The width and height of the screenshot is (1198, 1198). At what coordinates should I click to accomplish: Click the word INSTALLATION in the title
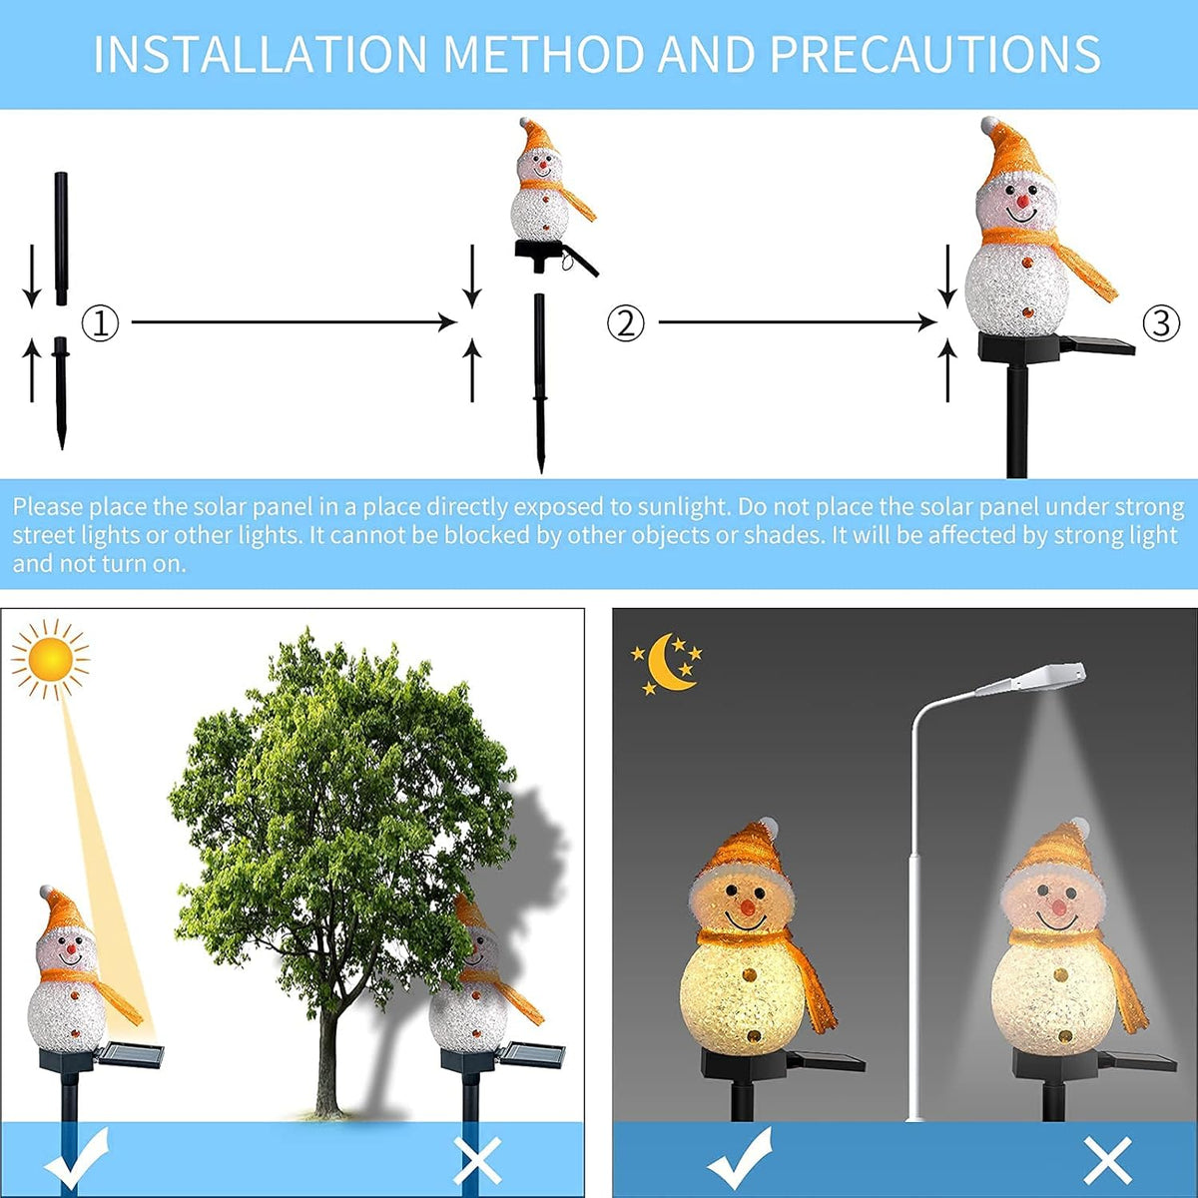[x=260, y=54]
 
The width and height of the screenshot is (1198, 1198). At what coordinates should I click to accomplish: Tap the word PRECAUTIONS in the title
[x=935, y=54]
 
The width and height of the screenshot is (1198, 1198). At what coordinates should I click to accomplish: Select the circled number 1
[x=100, y=323]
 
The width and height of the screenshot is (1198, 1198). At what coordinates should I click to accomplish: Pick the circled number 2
[x=625, y=323]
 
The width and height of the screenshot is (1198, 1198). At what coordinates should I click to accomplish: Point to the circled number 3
[x=1161, y=323]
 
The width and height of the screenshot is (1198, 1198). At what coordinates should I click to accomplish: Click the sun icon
[x=50, y=659]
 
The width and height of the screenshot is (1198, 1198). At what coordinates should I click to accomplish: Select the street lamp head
[x=1033, y=680]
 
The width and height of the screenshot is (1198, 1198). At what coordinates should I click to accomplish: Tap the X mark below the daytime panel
[x=477, y=1159]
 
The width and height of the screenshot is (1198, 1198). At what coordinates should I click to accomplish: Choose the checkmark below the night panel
[x=740, y=1158]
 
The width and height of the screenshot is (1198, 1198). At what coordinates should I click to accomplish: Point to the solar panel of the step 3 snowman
[x=1097, y=344]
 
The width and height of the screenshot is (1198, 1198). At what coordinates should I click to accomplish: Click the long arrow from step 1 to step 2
[x=295, y=322]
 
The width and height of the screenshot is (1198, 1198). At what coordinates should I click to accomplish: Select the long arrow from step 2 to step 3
[x=797, y=322]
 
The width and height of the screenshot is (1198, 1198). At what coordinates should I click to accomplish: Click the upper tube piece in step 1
[x=61, y=239]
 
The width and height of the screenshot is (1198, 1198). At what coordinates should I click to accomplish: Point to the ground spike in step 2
[x=540, y=383]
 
